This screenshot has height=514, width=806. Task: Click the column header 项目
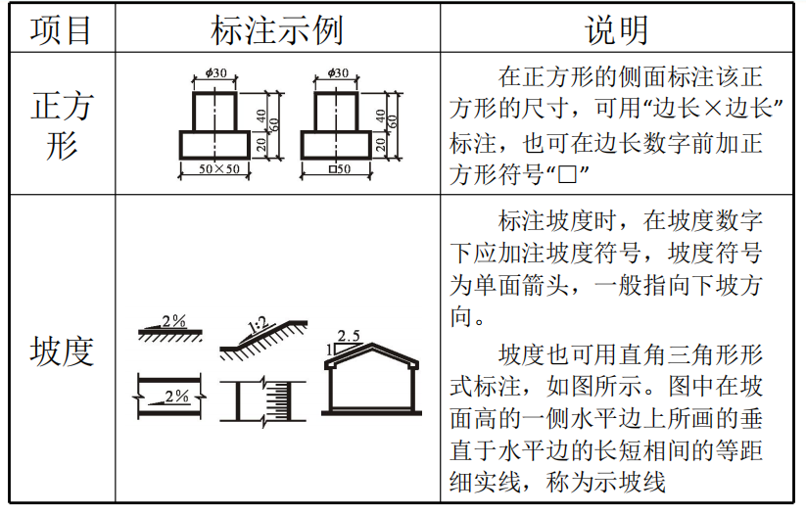pos(61,29)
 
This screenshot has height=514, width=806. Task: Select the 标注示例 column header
pos(277,29)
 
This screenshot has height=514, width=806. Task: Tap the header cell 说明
pos(617,29)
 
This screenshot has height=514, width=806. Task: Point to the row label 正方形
pos(61,124)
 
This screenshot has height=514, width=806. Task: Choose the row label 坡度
pos(61,350)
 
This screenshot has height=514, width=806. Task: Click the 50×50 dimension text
pos(217,169)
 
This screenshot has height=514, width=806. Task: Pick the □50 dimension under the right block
pos(339,169)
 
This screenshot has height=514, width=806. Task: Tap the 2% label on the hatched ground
pos(173,321)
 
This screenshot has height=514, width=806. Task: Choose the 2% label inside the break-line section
pos(176,396)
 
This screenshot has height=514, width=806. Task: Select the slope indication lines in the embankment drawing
pos(284,400)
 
